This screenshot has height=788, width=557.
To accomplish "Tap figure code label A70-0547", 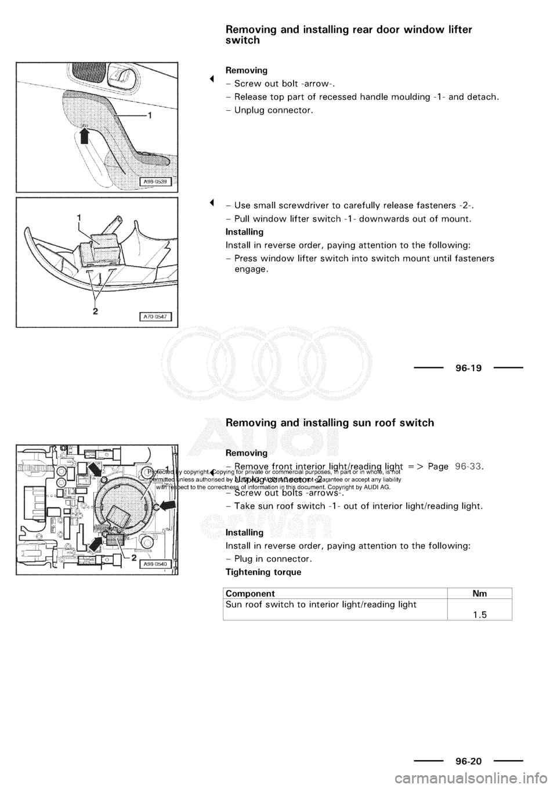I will [x=157, y=316].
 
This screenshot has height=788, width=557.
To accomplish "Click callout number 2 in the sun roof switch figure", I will [x=133, y=557].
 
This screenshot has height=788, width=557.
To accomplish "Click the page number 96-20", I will [x=468, y=760].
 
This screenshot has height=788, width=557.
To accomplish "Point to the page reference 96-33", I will [x=469, y=466].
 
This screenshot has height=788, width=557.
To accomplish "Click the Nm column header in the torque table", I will [x=479, y=594].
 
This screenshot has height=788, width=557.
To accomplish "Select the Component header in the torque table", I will [x=250, y=594].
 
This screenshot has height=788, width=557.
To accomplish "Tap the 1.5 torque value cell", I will [x=479, y=615].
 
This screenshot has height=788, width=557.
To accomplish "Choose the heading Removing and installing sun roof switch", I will [x=330, y=422].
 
